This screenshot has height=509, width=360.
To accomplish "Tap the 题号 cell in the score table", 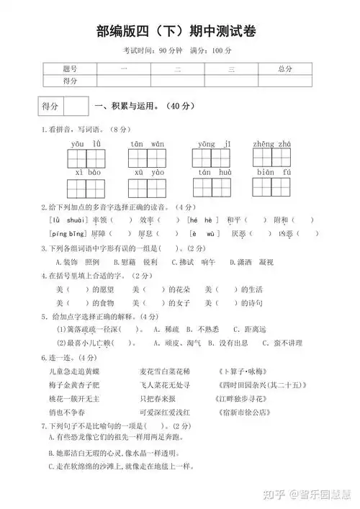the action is [x=70, y=68].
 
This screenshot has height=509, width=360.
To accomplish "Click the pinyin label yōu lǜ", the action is [x=86, y=144].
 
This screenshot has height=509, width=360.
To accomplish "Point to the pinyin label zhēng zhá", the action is [x=272, y=144].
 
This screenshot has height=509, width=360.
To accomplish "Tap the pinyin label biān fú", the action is [x=272, y=173].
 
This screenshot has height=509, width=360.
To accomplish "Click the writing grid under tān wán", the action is [x=148, y=158].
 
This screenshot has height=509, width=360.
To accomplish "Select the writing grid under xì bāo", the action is [x=86, y=188].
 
